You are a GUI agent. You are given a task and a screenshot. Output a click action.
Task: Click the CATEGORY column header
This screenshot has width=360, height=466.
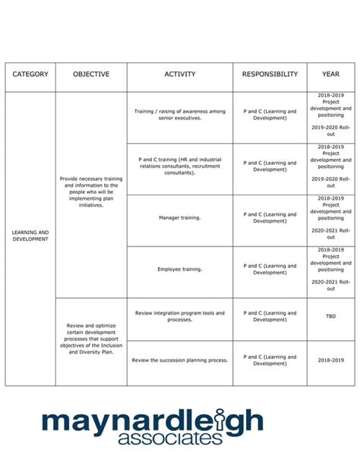click(x=30, y=74)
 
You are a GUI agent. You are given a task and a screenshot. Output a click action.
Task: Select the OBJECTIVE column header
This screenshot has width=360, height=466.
click(x=91, y=74)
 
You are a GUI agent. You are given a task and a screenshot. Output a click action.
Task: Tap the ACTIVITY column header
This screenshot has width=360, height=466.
click(x=180, y=74)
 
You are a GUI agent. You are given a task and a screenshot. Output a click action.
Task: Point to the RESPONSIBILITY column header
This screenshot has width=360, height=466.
click(x=270, y=74)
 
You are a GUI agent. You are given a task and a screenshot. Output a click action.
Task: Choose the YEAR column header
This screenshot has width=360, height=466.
click(x=331, y=74)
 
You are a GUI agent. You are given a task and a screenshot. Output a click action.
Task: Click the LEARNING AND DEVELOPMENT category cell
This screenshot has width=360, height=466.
click(x=30, y=236)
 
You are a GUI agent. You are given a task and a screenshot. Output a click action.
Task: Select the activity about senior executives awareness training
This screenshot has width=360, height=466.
click(x=180, y=115)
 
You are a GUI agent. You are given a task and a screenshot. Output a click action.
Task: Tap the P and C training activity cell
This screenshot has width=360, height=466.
click(x=180, y=166)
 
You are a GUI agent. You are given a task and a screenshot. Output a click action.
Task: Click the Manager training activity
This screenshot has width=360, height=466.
click(x=180, y=217)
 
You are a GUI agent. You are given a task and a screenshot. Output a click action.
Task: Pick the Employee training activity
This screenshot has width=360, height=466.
click(x=180, y=269)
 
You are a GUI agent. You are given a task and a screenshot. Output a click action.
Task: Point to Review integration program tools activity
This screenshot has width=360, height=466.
click(x=180, y=315)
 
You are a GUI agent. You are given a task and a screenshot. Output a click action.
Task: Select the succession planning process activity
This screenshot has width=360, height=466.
click(x=180, y=360)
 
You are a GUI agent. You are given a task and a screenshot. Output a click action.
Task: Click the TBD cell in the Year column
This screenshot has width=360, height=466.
click(x=331, y=315)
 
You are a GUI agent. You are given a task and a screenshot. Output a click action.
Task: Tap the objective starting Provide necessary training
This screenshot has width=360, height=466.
click(x=91, y=192)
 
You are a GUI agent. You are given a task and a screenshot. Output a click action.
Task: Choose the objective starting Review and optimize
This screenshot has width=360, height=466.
click(x=91, y=339)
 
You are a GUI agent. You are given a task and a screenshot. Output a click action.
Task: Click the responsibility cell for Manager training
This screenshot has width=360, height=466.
click(x=270, y=217)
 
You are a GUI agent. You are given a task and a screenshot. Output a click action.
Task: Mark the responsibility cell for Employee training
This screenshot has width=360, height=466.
click(x=270, y=269)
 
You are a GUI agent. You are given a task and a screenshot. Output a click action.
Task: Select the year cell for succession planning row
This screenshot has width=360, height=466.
click(x=331, y=360)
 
